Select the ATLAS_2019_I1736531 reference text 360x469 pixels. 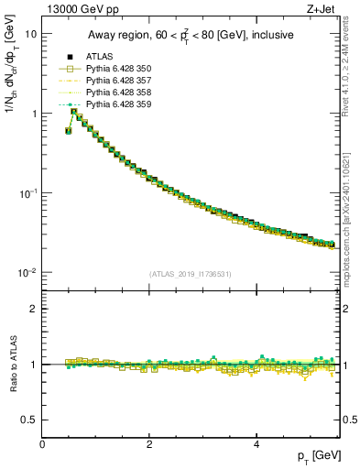point(190,273)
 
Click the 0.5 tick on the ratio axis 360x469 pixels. point(29,420)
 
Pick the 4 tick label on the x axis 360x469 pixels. point(256,443)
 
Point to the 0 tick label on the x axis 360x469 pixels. point(43,443)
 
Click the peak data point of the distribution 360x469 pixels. point(73,112)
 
